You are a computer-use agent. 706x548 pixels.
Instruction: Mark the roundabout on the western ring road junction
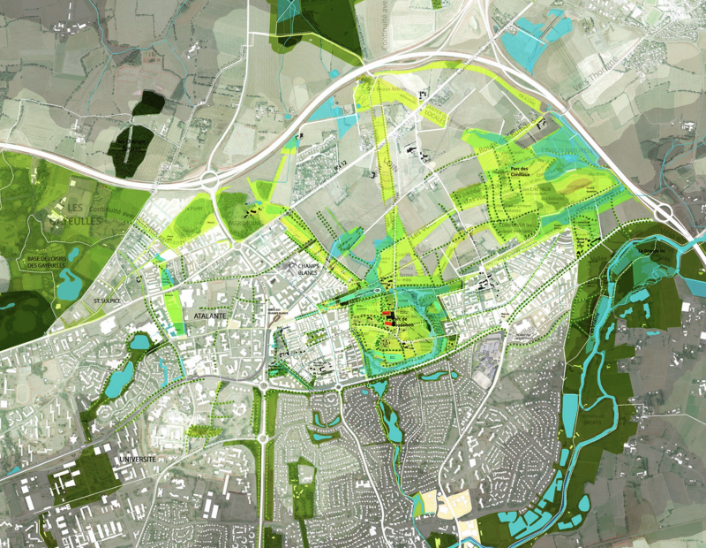[x=211, y=181]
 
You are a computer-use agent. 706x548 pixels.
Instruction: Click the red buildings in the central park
[x=388, y=321]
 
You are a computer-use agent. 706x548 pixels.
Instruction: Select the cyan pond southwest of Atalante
[x=116, y=383]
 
